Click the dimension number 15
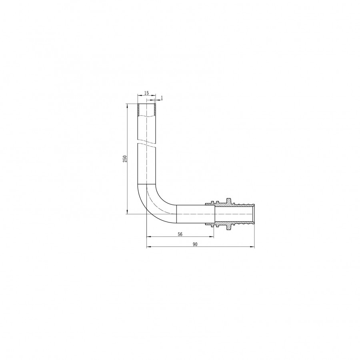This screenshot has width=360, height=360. pos(146,93)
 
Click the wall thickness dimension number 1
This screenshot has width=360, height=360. pos(162,98)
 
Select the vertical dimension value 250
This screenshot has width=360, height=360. pos(125,159)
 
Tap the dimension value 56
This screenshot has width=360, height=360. pos(180,234)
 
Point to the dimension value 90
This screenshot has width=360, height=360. pos(195,244)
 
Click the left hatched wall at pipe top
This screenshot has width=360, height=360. pos(138,110)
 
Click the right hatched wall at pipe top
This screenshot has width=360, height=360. pos(155,110)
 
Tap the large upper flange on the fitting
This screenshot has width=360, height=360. pos(228,200)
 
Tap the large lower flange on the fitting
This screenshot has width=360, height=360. pos(228,227)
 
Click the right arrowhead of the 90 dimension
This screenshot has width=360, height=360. pos(253,247)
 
